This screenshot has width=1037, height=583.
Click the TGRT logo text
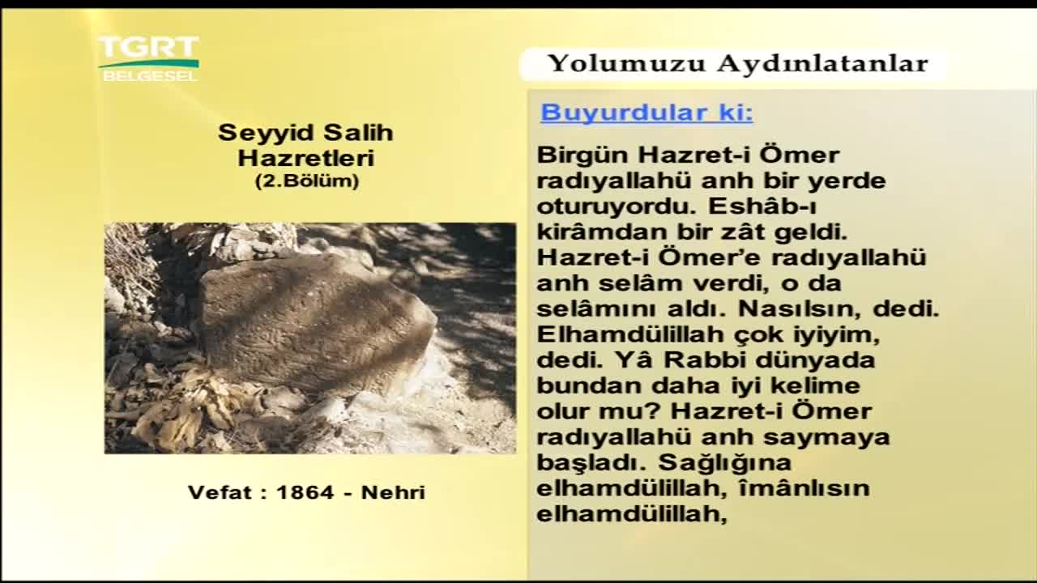pyautogui.click(x=148, y=47)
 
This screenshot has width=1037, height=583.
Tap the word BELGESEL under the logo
pyautogui.click(x=150, y=76)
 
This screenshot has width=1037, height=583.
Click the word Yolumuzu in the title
pyautogui.click(x=626, y=63)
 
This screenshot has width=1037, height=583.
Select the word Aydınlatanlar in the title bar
pyautogui.click(x=822, y=64)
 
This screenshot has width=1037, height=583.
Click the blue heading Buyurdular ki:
pyautogui.click(x=647, y=113)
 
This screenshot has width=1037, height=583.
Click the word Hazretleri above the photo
pyautogui.click(x=305, y=158)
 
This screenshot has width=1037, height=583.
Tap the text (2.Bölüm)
pyautogui.click(x=307, y=181)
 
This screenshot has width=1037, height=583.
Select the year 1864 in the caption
pyautogui.click(x=305, y=492)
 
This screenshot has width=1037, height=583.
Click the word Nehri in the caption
pyautogui.click(x=393, y=492)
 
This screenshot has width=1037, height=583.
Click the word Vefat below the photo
pyautogui.click(x=220, y=492)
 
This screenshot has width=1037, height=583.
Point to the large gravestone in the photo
pyautogui.click(x=317, y=324)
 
